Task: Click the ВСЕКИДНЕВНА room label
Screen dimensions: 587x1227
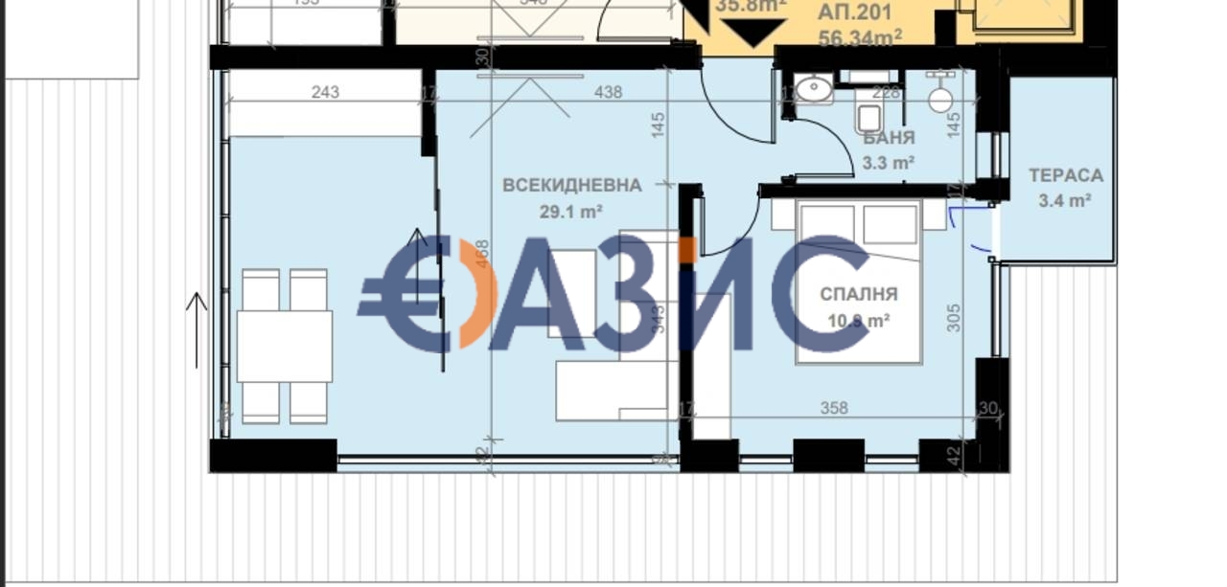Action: [x=571, y=185]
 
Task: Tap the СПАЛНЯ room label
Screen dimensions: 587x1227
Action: [x=859, y=294]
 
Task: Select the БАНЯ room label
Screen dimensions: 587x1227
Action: [x=889, y=138]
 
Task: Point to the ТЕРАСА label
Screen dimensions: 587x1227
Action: [x=1065, y=176]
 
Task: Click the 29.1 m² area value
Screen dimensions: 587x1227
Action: [x=571, y=212]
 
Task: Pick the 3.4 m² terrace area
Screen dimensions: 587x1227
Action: [x=1065, y=200]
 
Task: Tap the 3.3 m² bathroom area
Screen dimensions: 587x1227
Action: [x=889, y=163]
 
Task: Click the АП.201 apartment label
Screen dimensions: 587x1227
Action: [x=856, y=13]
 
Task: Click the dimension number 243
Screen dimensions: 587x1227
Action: [x=326, y=92]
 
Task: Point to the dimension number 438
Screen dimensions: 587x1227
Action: [x=608, y=92]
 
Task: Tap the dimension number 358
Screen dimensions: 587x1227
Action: [x=834, y=408]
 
